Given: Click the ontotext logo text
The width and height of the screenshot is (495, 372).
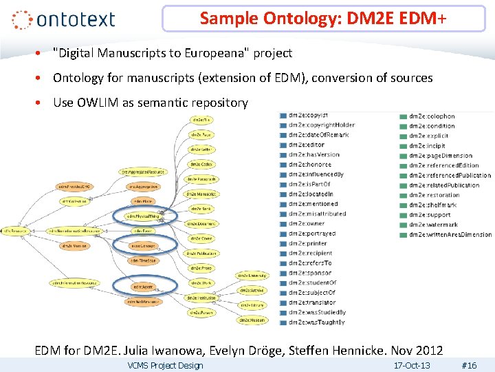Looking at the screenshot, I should [75, 19].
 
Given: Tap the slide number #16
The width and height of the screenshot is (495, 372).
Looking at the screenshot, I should [470, 364].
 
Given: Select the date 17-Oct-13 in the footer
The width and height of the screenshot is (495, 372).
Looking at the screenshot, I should [412, 364].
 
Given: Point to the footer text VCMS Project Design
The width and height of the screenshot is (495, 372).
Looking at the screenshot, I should [165, 364].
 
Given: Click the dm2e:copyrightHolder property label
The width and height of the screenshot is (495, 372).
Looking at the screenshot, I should [321, 125].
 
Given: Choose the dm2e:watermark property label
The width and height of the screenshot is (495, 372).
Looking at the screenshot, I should [433, 225].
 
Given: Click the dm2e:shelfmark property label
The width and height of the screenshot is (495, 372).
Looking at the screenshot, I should [432, 205].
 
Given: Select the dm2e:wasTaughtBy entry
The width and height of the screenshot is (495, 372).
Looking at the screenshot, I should [317, 322].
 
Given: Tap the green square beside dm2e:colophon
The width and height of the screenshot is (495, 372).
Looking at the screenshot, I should [403, 116].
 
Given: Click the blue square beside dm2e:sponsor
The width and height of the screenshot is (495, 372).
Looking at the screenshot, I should [283, 273].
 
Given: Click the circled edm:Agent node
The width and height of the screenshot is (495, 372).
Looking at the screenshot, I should [143, 285].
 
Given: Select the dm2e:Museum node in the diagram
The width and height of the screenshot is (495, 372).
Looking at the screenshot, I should [252, 320].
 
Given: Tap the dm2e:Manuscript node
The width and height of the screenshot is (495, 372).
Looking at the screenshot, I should [201, 194].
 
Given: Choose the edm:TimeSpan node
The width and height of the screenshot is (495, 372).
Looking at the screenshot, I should [143, 261].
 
